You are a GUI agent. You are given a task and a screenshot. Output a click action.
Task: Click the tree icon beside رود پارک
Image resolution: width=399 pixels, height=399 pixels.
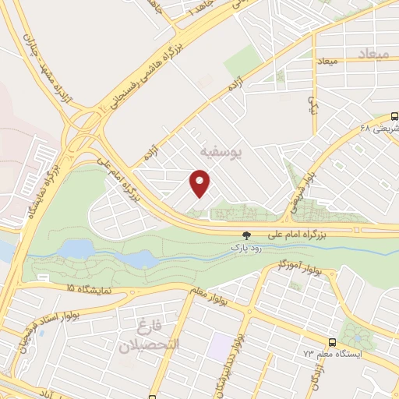click(x=246, y=234)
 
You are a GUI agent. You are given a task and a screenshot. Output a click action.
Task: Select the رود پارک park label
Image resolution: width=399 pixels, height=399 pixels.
click(x=242, y=245)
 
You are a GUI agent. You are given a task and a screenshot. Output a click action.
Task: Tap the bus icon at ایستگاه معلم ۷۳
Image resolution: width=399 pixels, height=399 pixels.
click(x=333, y=342)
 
